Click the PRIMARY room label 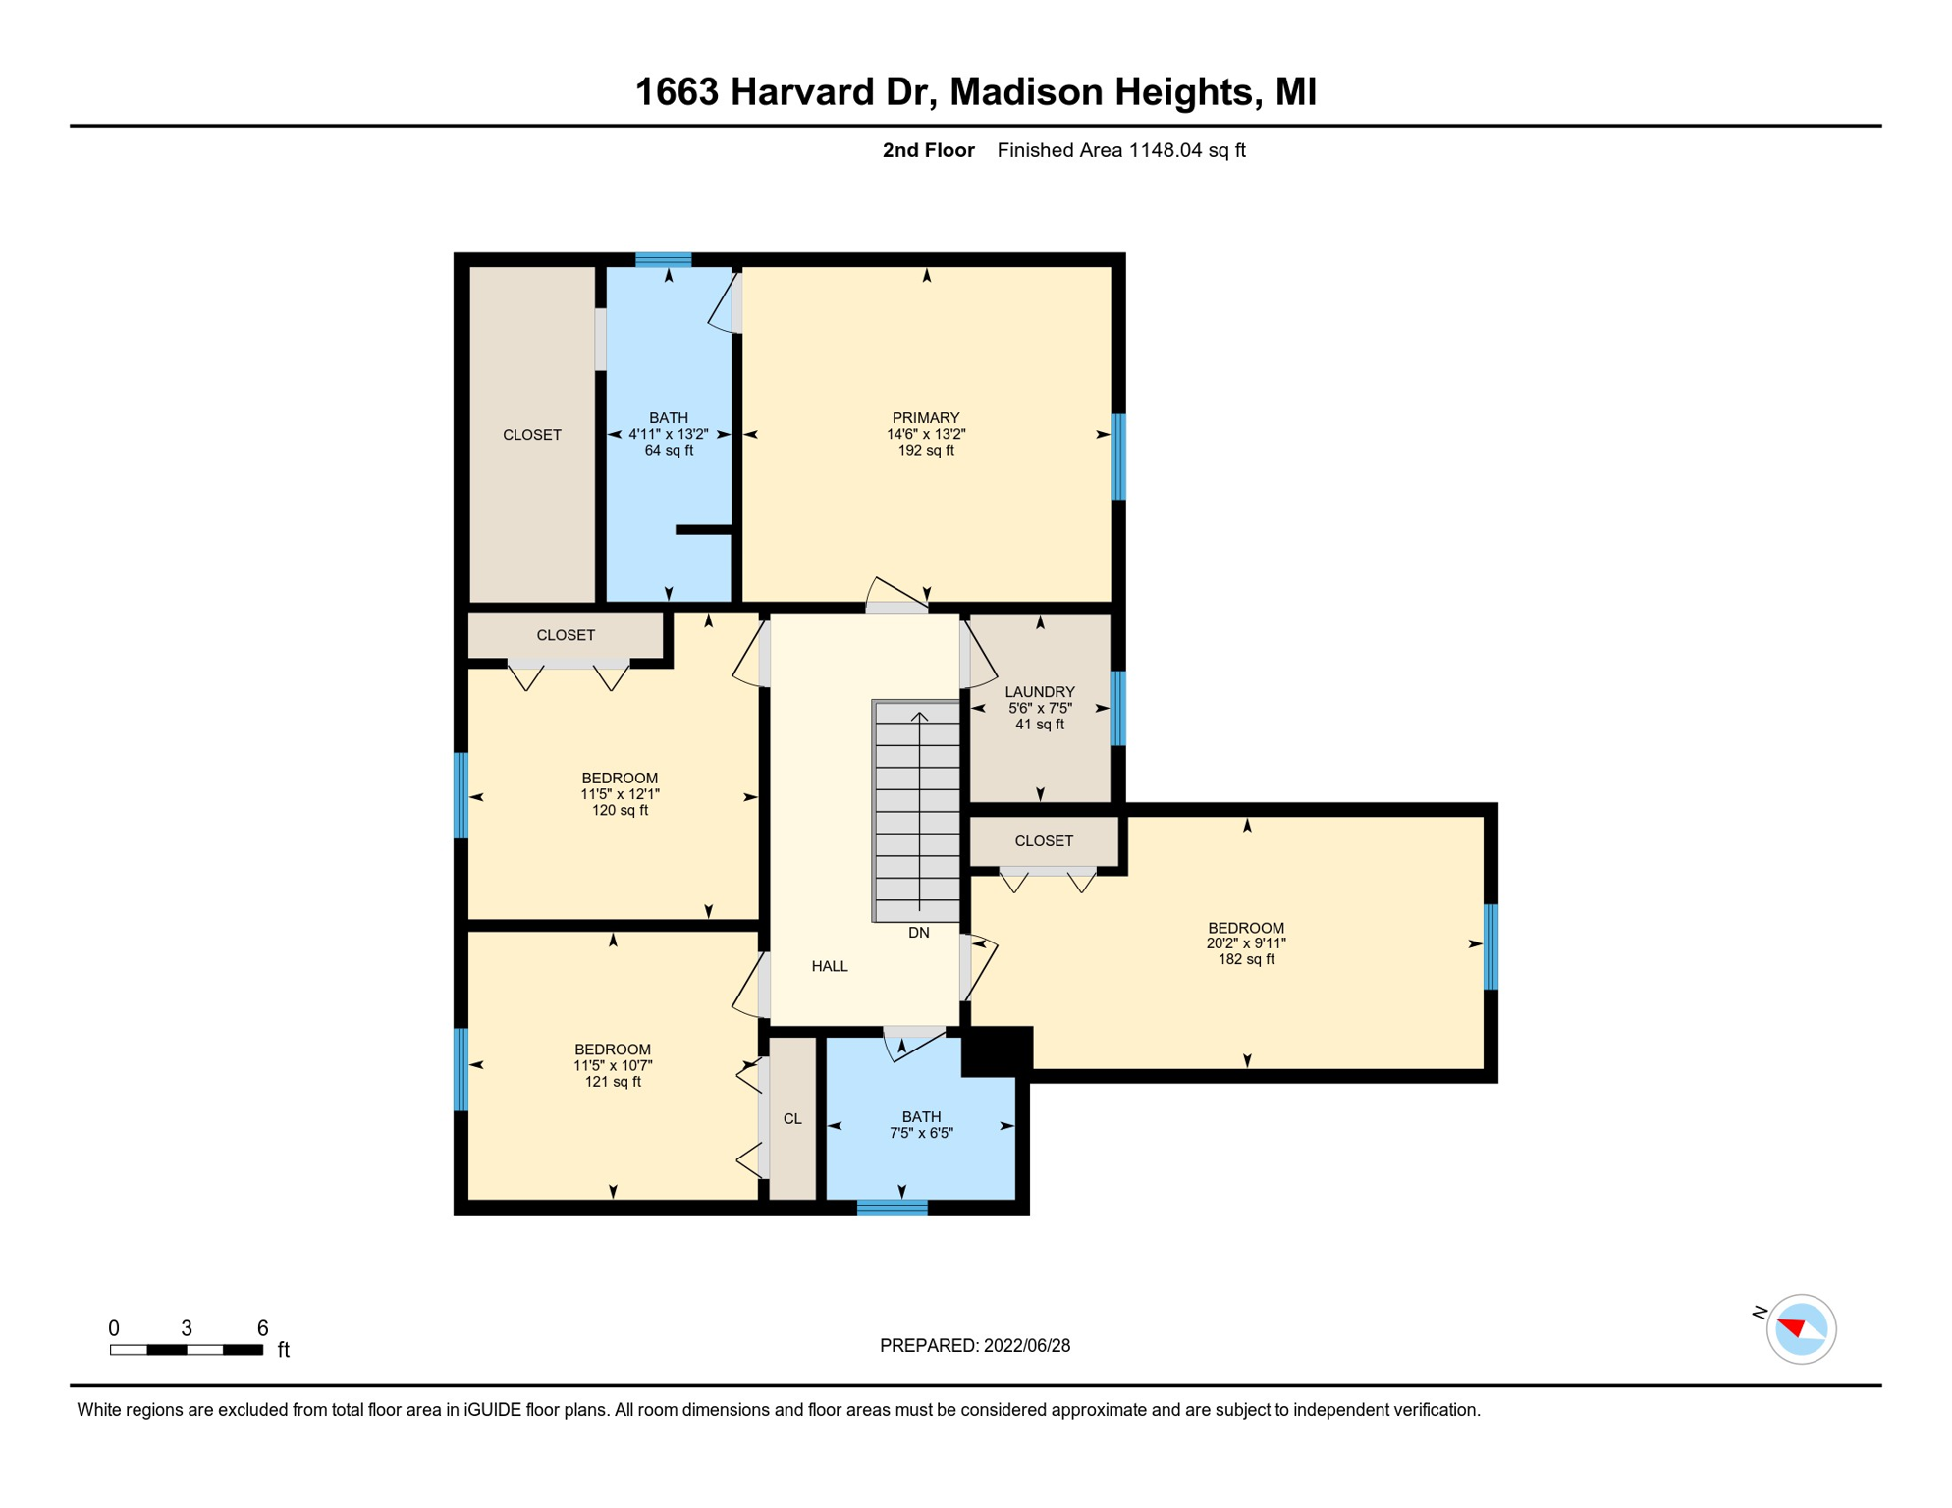[925, 418]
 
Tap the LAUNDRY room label [1040, 692]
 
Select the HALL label [830, 966]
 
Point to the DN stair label [919, 933]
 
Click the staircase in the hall [916, 811]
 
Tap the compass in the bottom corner [1801, 1329]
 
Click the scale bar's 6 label [262, 1328]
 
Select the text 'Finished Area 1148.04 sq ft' [1121, 150]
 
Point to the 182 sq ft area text [1246, 959]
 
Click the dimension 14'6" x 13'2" [926, 434]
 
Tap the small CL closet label [792, 1119]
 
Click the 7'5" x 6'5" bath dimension [921, 1133]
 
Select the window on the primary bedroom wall [1118, 457]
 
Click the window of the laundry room [1118, 708]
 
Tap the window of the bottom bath [893, 1208]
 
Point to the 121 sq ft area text [613, 1082]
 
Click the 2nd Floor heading [928, 150]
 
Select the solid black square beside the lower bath [997, 1052]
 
